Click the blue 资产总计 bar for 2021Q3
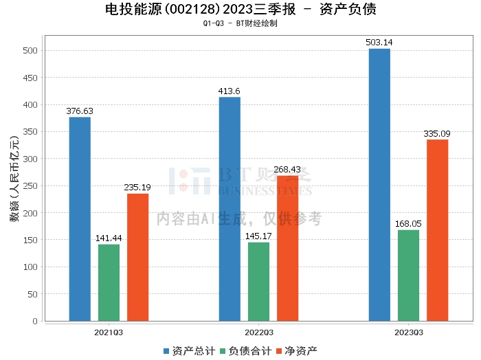80,219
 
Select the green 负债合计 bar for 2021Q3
109,282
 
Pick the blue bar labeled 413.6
230,209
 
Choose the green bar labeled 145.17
258,282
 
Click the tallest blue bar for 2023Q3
379,185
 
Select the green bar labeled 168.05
408,275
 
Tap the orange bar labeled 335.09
437,230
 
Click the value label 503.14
379,43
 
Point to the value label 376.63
80,111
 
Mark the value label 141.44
109,238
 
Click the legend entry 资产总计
187,351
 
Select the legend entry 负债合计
244,351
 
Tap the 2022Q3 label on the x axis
258,332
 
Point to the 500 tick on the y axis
30,51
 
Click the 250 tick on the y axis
30,186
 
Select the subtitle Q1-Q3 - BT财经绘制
240,23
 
